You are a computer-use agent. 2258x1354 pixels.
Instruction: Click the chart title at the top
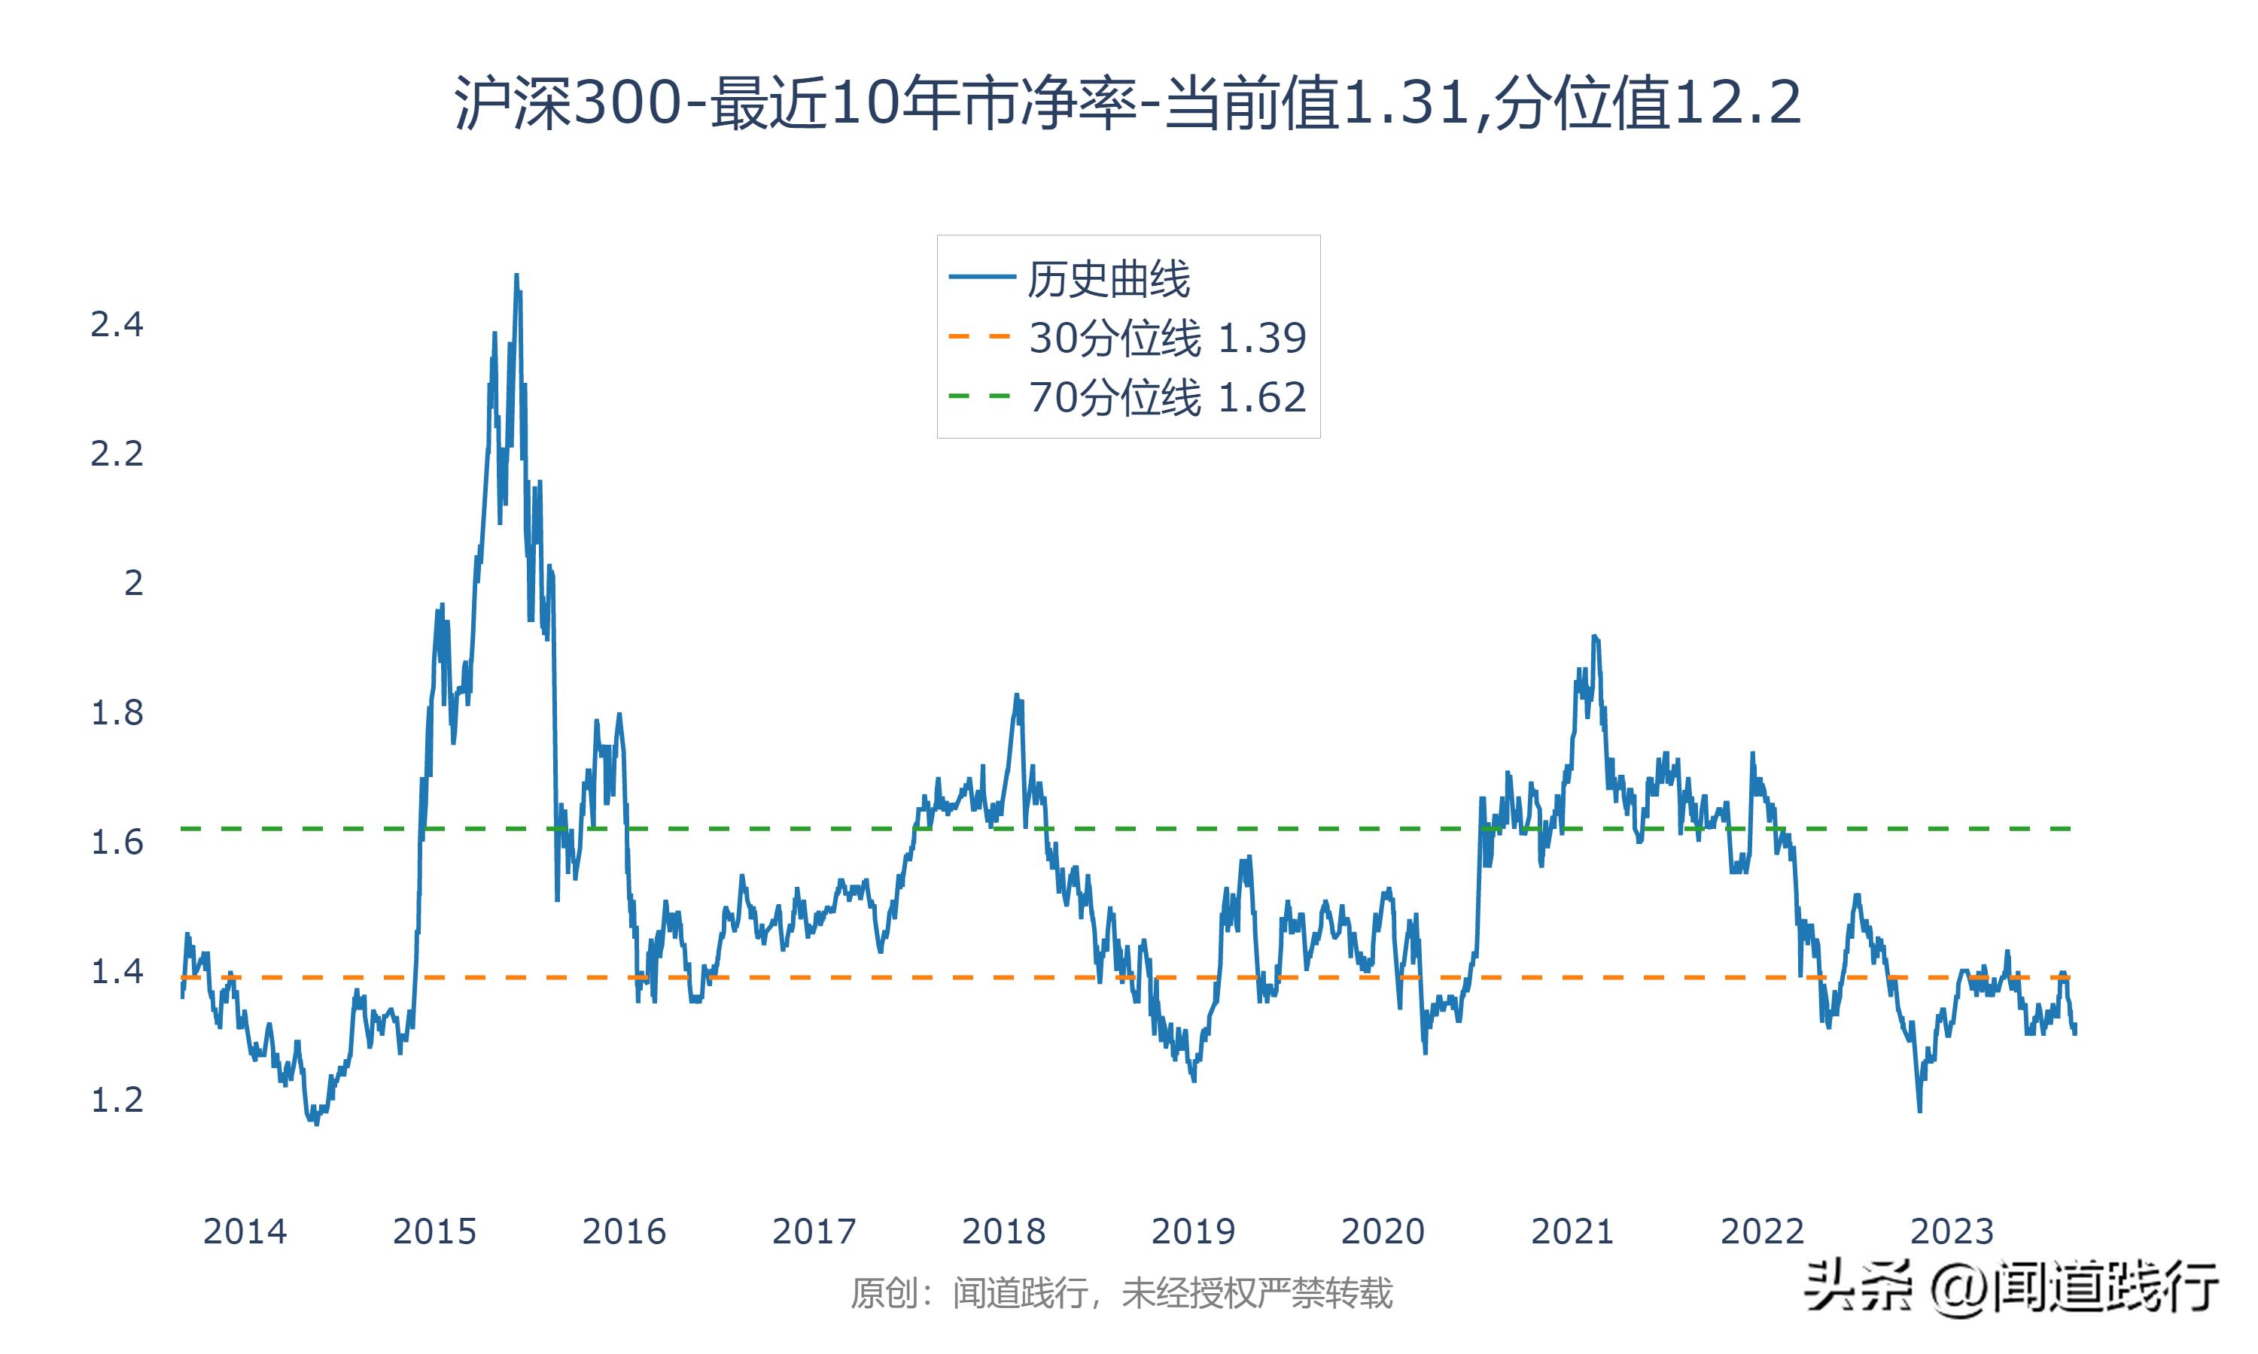[x=1128, y=104]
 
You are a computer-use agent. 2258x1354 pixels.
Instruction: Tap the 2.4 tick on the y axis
[x=117, y=325]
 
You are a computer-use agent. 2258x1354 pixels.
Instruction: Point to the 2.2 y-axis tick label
[x=117, y=454]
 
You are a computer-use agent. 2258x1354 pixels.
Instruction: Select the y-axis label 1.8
[x=117, y=712]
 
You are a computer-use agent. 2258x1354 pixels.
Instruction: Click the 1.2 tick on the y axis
[x=117, y=1101]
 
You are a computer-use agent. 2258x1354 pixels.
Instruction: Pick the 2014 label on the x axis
[x=245, y=1231]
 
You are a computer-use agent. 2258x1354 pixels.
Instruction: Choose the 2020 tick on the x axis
[x=1383, y=1231]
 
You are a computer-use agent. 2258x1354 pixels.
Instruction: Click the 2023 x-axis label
[x=1952, y=1231]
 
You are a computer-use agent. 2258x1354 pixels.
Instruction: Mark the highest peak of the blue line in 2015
[x=516, y=275]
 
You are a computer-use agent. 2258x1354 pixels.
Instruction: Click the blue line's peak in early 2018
[x=1017, y=695]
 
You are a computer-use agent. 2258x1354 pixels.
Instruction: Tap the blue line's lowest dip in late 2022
[x=1919, y=1110]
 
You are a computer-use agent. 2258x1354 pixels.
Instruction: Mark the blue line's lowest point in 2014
[x=317, y=1124]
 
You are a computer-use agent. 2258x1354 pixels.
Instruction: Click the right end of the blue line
[x=2075, y=1031]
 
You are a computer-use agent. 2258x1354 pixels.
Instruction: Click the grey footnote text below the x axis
[x=1121, y=1293]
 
